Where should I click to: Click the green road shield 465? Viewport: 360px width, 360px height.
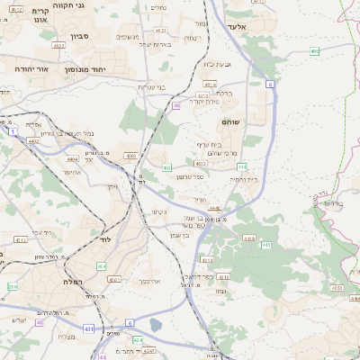click(x=314, y=51)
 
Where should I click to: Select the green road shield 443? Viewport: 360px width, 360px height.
click(x=266, y=245)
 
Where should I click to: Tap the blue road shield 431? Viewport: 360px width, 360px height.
click(x=87, y=330)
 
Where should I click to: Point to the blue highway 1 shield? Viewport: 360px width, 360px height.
click(x=14, y=132)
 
